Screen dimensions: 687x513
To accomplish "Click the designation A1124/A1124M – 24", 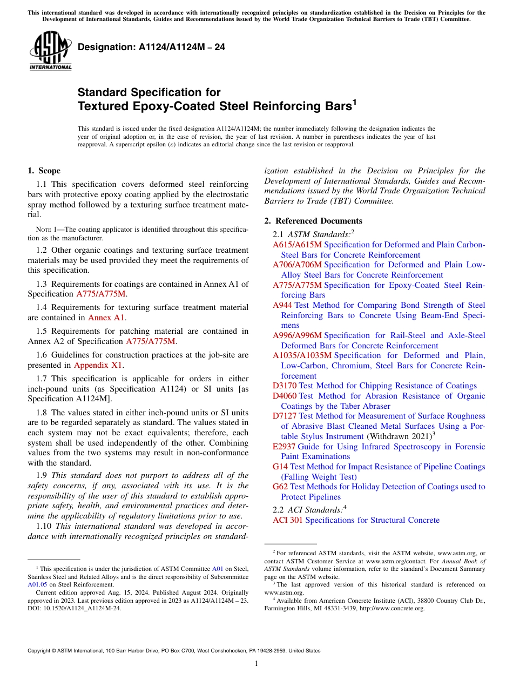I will tap(152, 48).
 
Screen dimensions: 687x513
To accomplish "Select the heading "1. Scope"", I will tap(44, 171).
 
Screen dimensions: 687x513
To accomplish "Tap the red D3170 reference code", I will tap(284, 386).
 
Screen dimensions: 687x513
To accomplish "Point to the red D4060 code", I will tap(284, 396).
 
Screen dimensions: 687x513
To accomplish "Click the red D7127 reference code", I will tap(284, 416).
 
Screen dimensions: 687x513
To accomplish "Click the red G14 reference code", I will tap(280, 467).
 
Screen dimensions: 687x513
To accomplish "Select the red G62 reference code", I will tap(280, 487).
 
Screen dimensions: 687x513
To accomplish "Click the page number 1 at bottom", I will tap(256, 663).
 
